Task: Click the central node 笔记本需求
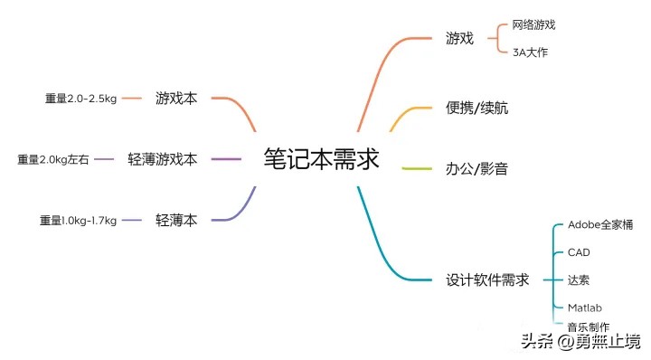[321, 158]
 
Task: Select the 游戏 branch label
[458, 39]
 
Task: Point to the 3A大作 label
[530, 52]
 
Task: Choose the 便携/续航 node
[477, 108]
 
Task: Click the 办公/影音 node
[477, 168]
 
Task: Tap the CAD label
[579, 252]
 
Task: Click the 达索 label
[579, 279]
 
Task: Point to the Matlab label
[584, 308]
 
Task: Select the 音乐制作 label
[588, 327]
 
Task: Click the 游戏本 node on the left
[175, 98]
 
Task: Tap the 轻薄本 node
[175, 220]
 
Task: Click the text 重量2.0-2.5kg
[80, 98]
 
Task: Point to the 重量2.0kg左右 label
[53, 160]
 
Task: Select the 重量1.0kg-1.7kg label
[78, 220]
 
